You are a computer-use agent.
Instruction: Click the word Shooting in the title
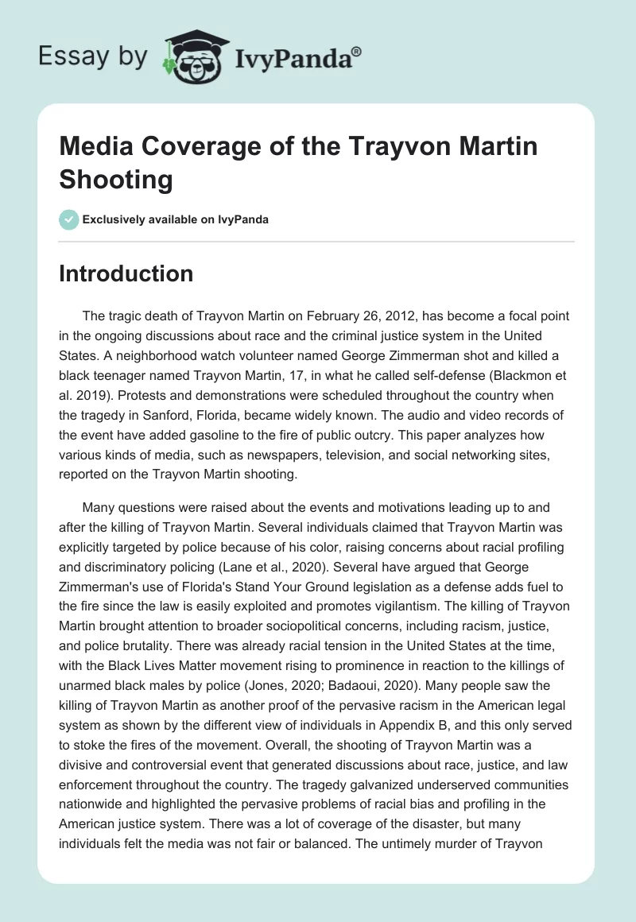tap(116, 180)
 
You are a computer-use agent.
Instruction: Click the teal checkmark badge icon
tap(69, 219)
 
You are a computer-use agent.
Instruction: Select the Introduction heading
tap(126, 273)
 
